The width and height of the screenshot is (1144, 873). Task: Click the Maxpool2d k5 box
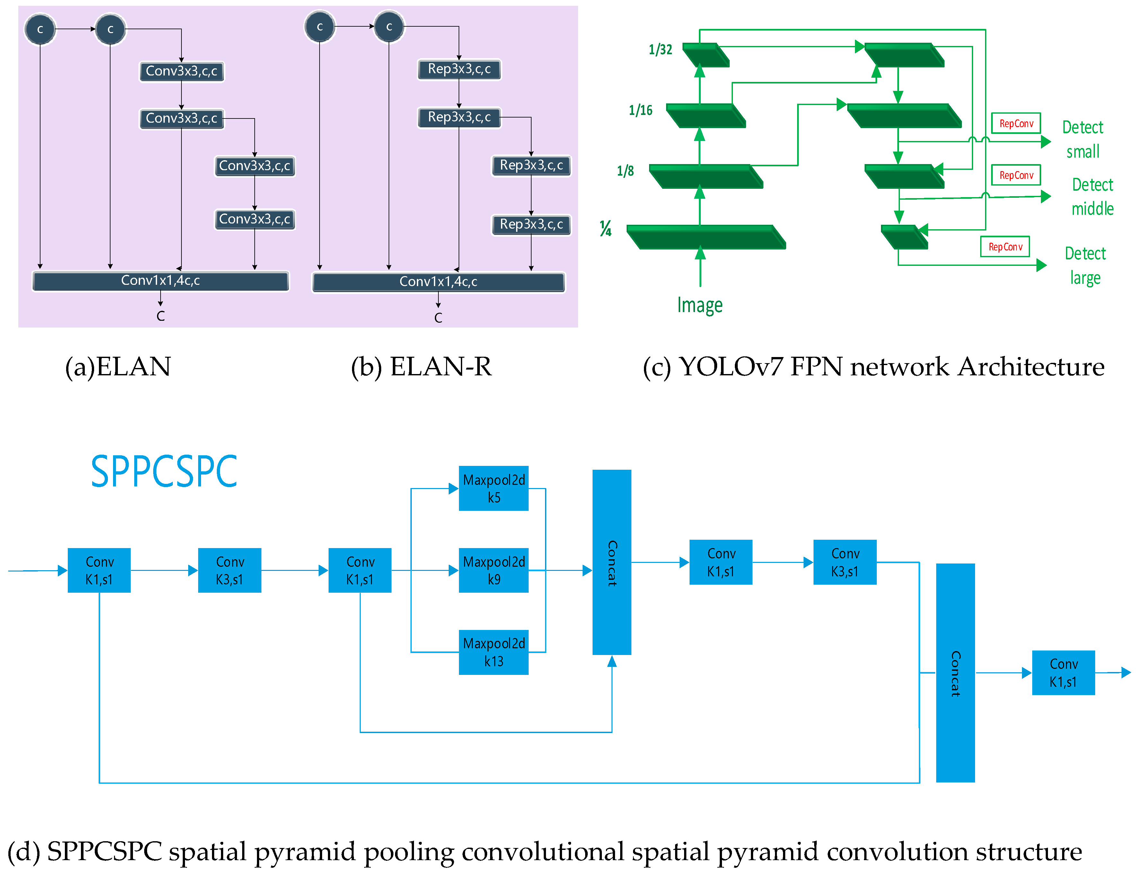[493, 488]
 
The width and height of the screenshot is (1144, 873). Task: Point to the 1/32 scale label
[660, 49]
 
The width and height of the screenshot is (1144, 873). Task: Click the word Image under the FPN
[699, 305]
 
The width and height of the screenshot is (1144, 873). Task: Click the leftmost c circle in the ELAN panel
[40, 30]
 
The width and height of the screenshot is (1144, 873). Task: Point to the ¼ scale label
[605, 228]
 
